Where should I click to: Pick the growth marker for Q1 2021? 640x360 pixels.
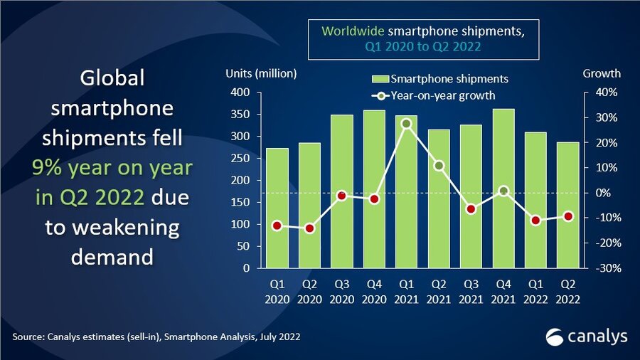tap(406, 124)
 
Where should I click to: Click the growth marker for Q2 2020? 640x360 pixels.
tap(309, 228)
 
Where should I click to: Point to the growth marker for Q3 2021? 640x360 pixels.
tap(471, 209)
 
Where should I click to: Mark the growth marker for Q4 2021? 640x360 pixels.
tap(503, 191)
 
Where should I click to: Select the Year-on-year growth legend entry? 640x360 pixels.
tap(434, 95)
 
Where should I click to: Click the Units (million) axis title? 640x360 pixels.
tap(261, 73)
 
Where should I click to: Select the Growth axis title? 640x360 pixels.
tap(602, 73)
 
